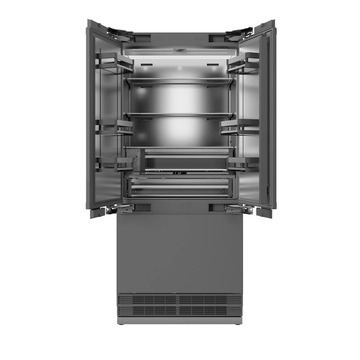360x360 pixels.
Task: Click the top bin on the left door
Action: coord(114,63)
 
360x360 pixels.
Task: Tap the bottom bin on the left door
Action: coord(116,164)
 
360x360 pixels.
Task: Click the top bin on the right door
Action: coord(243,63)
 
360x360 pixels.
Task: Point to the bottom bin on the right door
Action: coord(243,164)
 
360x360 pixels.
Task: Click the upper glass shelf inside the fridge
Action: coord(179,81)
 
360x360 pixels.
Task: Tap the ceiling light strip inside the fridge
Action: coord(179,50)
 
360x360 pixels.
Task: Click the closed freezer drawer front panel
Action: coord(179,252)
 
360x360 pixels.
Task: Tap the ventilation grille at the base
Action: coord(179,304)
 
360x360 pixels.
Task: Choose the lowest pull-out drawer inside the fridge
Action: coord(179,186)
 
